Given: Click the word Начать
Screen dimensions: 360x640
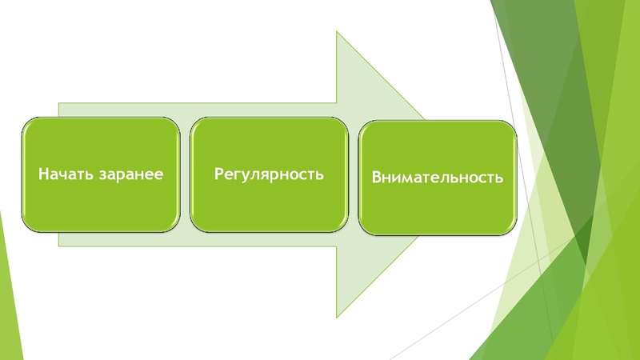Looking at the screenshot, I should pos(66,173).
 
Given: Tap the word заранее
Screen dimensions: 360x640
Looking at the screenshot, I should pos(129,174).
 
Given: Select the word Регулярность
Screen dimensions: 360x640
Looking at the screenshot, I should pos(269,173).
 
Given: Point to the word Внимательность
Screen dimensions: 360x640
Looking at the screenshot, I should pos(437,177).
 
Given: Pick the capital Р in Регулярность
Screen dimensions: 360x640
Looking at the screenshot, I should pos(218,173).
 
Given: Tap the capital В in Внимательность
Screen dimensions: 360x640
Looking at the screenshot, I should pos(375,177).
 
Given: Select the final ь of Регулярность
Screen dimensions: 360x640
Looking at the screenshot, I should pos(319,174).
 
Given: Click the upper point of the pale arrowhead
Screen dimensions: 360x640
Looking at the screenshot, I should pos(337,32).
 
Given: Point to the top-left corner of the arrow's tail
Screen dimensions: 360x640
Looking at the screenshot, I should pos(58,102).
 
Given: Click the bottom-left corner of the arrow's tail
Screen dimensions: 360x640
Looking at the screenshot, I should pos(58,244).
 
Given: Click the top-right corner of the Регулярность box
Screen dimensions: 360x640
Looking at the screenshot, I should pos(347,118).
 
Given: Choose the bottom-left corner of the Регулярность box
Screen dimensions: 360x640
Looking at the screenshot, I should pos(191,230).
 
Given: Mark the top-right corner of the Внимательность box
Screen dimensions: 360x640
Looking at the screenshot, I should pos(514,122).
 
